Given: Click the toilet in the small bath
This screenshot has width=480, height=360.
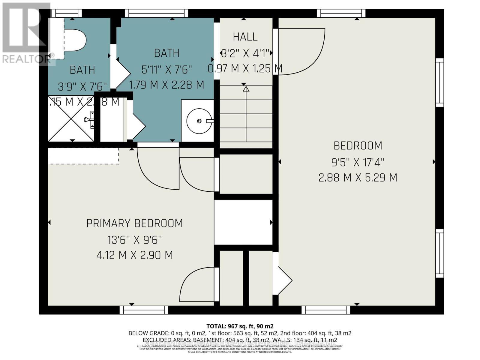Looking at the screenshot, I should (x=75, y=40).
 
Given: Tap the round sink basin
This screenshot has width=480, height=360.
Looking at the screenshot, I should (x=199, y=121).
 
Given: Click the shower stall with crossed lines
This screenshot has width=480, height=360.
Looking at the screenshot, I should (x=71, y=118).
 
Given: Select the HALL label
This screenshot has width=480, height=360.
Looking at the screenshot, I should (x=245, y=37).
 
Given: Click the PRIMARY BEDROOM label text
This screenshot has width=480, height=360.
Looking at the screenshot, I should (x=134, y=223).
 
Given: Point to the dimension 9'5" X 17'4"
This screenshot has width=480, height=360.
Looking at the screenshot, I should (x=358, y=163).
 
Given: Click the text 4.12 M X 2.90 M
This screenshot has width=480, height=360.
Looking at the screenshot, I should (x=134, y=255).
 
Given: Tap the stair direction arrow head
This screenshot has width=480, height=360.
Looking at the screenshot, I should (x=246, y=89).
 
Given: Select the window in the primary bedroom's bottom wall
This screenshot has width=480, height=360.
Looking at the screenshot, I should (x=144, y=310).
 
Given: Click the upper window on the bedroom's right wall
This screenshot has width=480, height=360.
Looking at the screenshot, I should (x=439, y=82).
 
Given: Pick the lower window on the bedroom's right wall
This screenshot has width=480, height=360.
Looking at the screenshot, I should (x=439, y=253).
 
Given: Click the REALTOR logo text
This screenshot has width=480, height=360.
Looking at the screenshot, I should (x=25, y=59).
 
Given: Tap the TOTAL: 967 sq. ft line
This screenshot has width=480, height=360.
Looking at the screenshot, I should (x=240, y=326).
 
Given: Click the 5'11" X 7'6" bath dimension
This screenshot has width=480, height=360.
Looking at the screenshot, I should (x=166, y=70).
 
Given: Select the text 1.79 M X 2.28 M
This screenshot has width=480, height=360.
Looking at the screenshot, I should (x=166, y=85).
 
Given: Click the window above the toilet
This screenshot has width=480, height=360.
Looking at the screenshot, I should (x=66, y=13).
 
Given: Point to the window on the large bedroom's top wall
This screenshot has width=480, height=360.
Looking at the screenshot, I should (x=341, y=13).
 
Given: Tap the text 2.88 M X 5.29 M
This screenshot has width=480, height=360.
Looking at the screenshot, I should (x=358, y=178).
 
